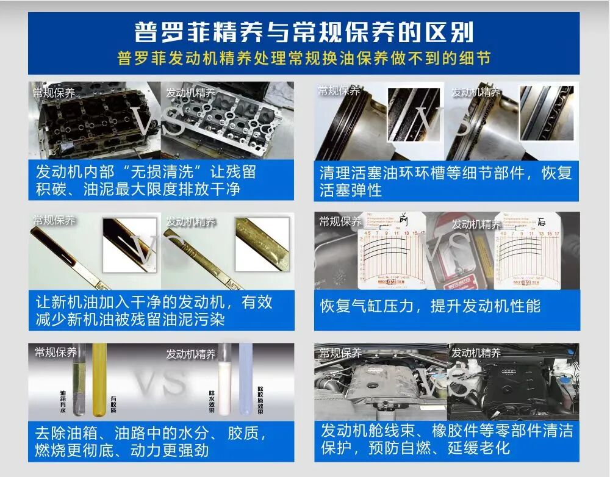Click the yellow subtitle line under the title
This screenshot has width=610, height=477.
point(304,60)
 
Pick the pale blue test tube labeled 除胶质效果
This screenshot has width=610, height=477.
point(246,378)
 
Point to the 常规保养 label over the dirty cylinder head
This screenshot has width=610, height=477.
point(54,93)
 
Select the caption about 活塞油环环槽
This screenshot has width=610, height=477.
point(446,181)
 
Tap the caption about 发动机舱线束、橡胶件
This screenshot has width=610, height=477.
point(446,439)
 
